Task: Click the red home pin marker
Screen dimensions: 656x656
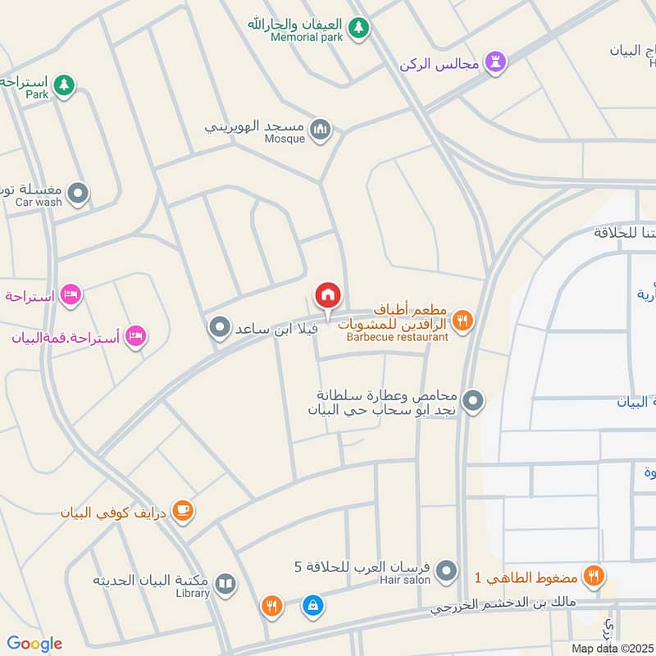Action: [x=327, y=294]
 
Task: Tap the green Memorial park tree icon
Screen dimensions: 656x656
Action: [x=358, y=28]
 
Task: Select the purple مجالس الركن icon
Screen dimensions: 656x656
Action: [x=494, y=61]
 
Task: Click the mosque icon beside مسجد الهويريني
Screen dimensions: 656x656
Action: [x=321, y=129]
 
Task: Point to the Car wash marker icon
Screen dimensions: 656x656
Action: [x=79, y=194]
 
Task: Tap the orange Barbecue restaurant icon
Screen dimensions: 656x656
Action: [x=463, y=321]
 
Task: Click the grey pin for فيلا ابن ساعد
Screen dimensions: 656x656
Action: [x=219, y=328]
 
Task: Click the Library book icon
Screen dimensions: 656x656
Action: [x=225, y=585]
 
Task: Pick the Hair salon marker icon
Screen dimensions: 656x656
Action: [x=446, y=571]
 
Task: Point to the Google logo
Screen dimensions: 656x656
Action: [x=34, y=644]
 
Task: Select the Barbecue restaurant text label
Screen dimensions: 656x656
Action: [x=397, y=337]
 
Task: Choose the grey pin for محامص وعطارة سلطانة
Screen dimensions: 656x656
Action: [x=473, y=402]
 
